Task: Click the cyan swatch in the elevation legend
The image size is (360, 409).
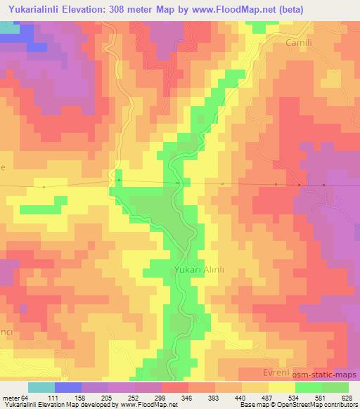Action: coord(41,387)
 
